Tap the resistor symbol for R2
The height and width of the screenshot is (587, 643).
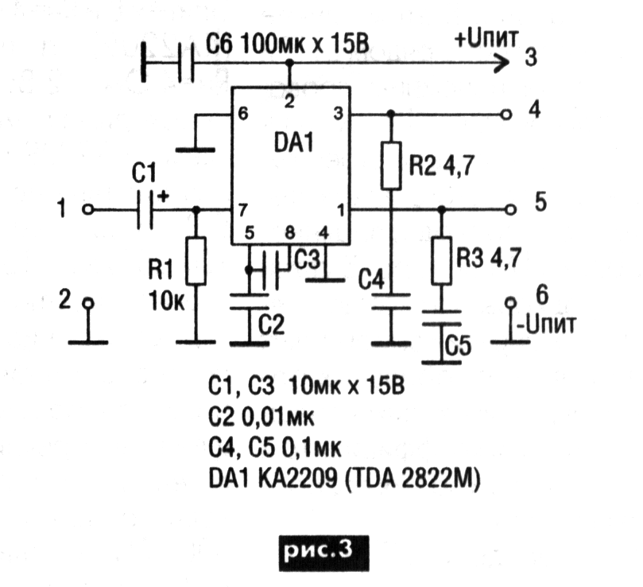pos(389,165)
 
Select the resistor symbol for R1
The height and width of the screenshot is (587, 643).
pos(196,261)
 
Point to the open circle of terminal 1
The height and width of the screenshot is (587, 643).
pos(88,210)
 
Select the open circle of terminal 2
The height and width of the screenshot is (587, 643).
pos(88,303)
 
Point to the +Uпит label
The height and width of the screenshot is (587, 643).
pos(486,38)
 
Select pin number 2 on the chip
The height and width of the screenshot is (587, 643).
pos(289,101)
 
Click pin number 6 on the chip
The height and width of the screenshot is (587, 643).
pos(241,114)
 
